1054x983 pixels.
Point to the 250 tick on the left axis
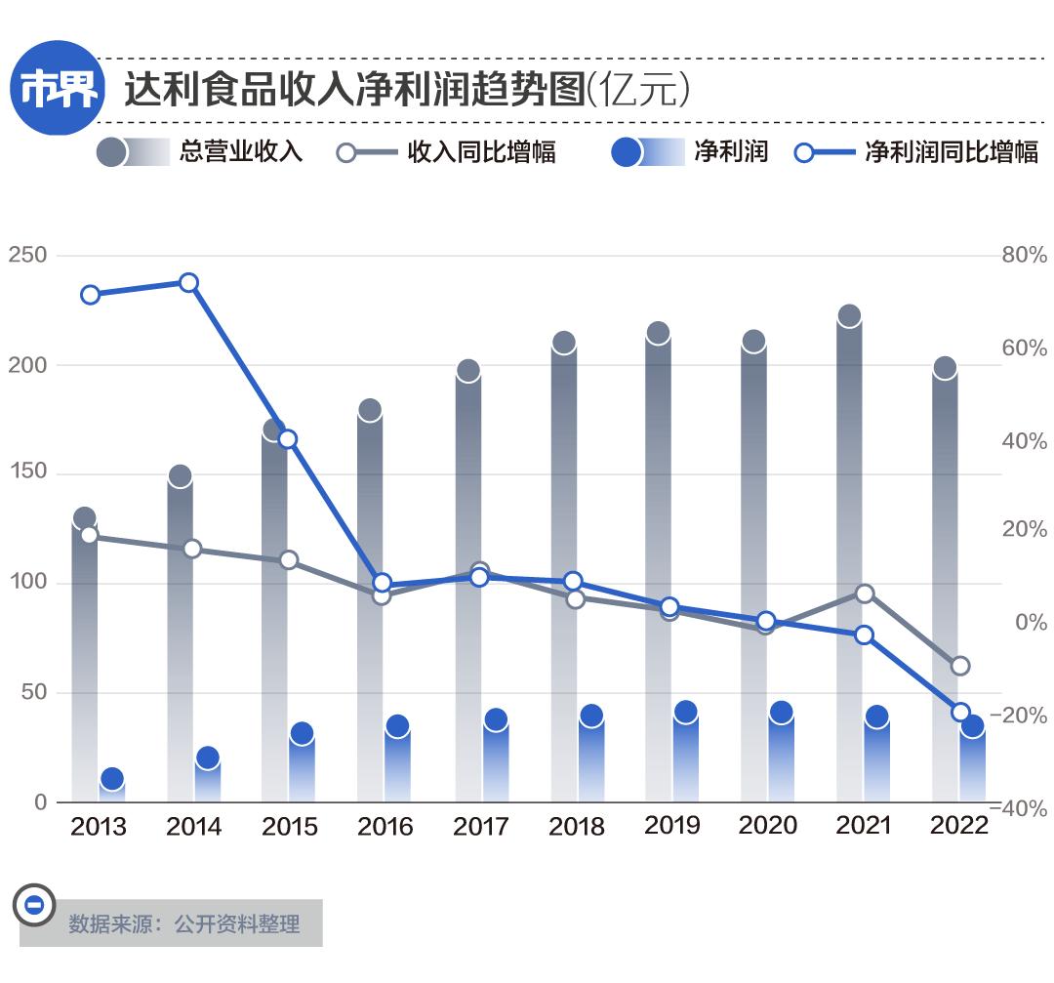[27, 255]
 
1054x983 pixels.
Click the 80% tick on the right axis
[1024, 255]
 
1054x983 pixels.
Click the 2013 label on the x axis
[99, 827]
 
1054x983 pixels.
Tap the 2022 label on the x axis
[959, 826]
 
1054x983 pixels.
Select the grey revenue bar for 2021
[849, 488]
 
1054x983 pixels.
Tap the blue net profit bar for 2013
[112, 789]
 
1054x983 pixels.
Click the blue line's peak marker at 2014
[188, 283]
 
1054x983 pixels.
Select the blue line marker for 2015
[287, 439]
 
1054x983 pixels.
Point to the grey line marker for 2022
[960, 666]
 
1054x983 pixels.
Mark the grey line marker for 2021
[864, 594]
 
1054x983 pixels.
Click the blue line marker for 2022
[960, 712]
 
